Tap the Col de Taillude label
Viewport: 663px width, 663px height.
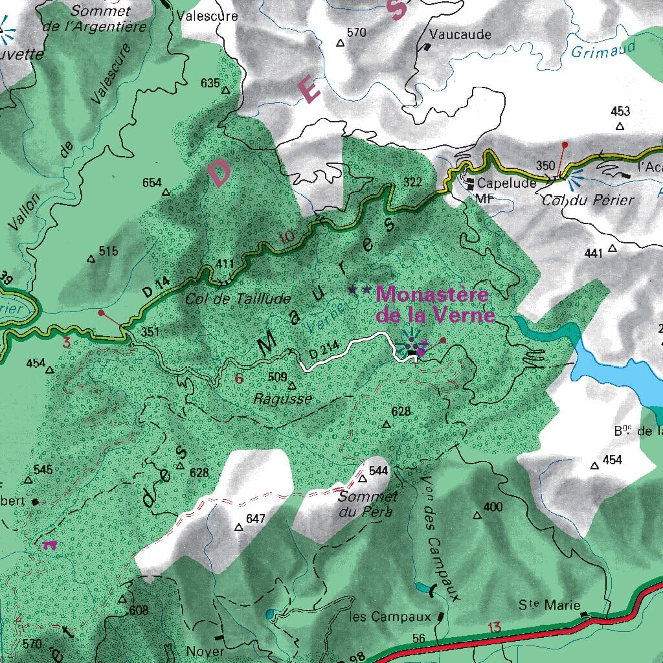(238, 298)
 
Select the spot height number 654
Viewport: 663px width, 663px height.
(152, 183)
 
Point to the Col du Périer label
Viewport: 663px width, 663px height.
(588, 199)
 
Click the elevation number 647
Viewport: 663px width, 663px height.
(256, 519)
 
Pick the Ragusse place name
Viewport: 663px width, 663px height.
(283, 399)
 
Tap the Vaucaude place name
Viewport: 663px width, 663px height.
(460, 34)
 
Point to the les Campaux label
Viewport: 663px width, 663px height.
(390, 616)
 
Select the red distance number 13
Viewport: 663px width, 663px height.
(495, 627)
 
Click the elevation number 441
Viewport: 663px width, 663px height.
(592, 253)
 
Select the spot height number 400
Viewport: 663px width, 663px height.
(493, 506)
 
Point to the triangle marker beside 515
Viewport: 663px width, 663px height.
(91, 259)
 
